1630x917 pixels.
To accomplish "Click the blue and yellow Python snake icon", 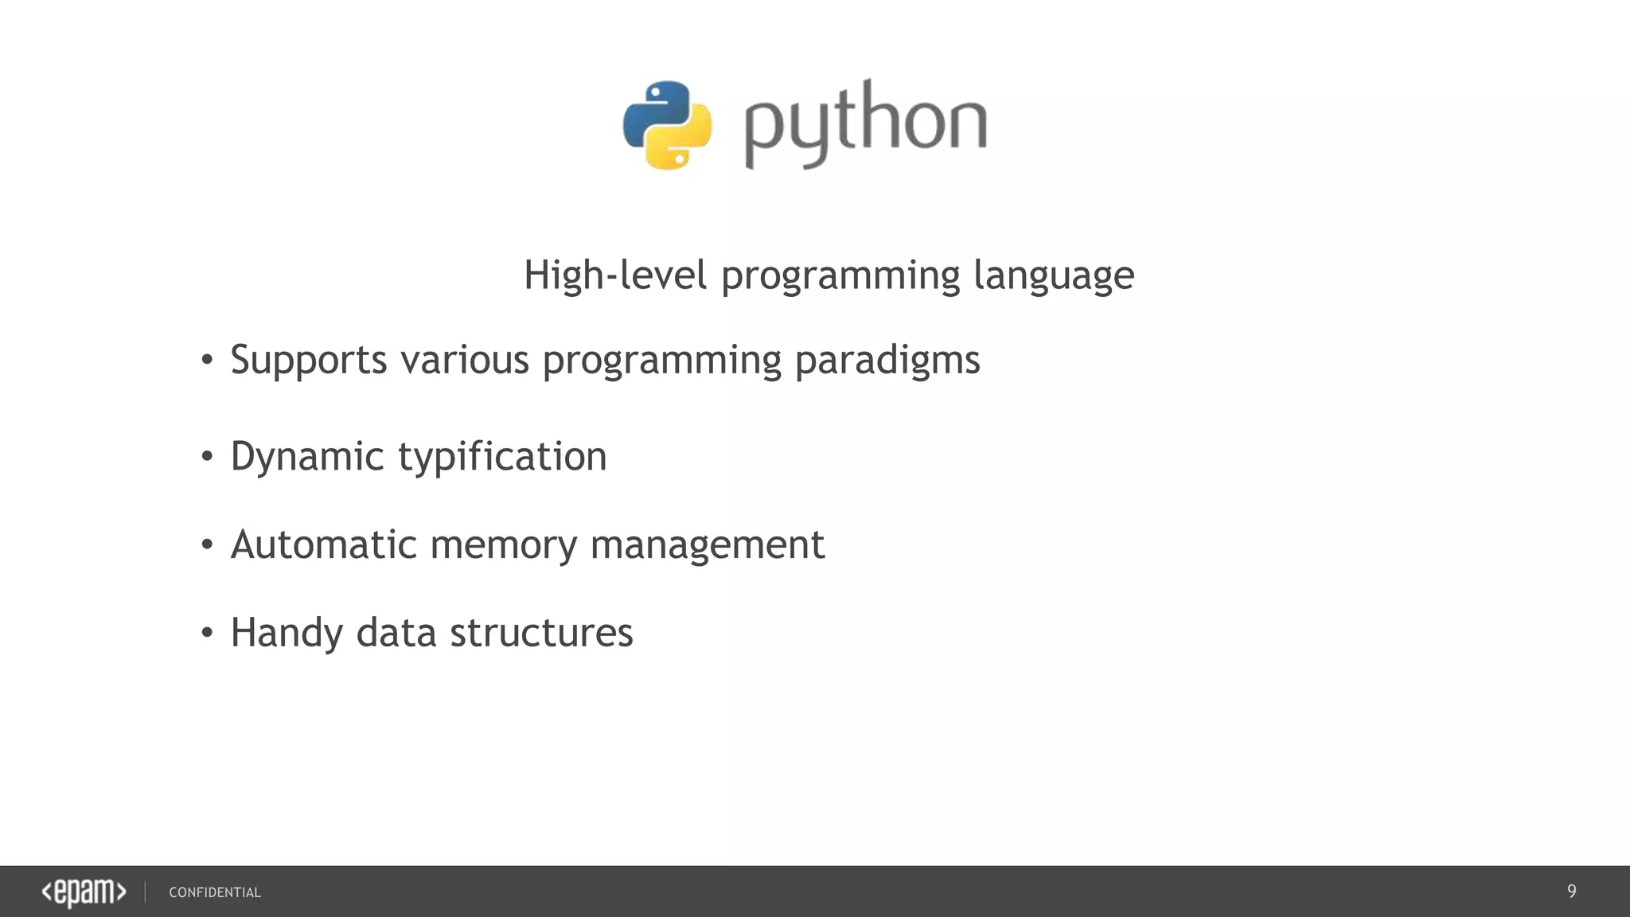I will coord(667,124).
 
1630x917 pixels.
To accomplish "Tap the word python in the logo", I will coord(865,124).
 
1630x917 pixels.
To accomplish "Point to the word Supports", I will coord(309,361).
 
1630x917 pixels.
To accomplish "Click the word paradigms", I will coord(887,361).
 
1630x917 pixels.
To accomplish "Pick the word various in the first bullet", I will coord(465,360).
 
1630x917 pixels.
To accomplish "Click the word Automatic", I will coord(323,545).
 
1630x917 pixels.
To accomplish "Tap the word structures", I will coord(541,634).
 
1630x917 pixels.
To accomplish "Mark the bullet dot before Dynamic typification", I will coord(207,457).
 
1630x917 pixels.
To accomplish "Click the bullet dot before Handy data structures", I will coord(207,633).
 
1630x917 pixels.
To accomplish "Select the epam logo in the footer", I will coord(84,892).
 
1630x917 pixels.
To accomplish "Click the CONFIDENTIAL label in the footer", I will coord(215,893).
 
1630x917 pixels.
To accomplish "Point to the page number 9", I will coord(1571,892).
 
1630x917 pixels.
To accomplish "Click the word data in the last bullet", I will coord(396,634).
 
